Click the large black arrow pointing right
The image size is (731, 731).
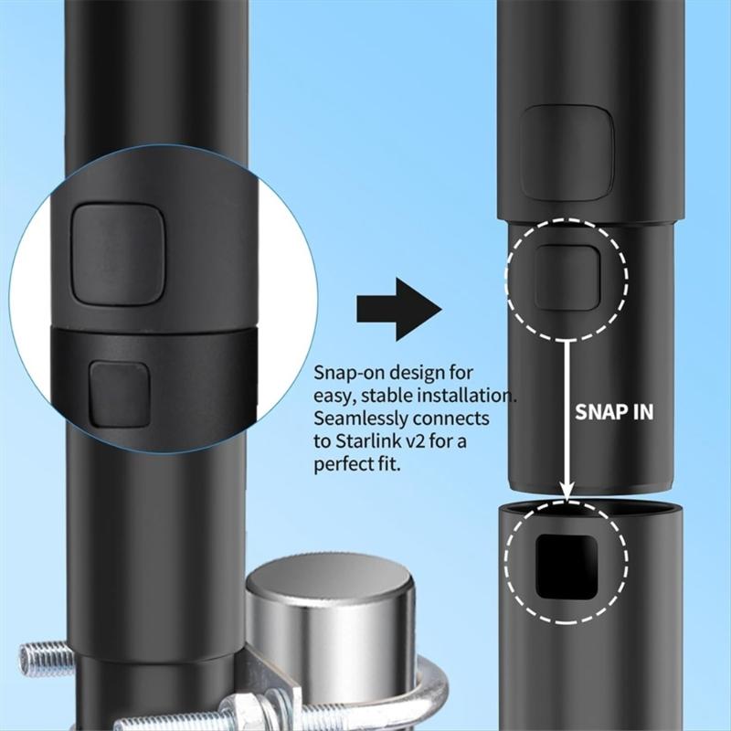398,309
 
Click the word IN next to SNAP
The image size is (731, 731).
642,411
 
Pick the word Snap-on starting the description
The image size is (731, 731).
349,373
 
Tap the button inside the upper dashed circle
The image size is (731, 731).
567,276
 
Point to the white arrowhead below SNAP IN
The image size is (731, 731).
567,491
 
